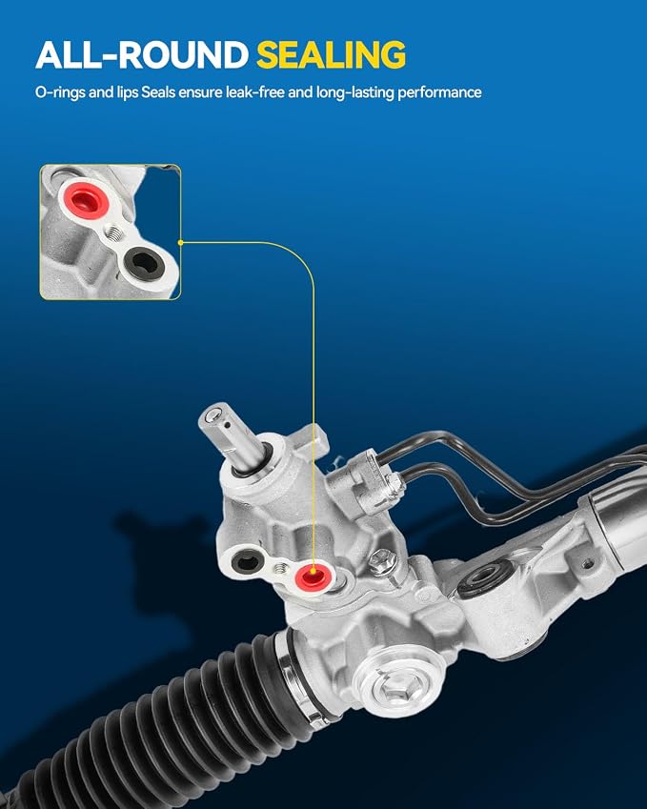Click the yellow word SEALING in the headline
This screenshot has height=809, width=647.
pyautogui.click(x=331, y=54)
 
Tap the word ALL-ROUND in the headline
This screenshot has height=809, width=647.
pyautogui.click(x=142, y=54)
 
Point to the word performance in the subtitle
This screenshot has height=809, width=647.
pyautogui.click(x=439, y=92)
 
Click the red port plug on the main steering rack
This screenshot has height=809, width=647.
pyautogui.click(x=312, y=576)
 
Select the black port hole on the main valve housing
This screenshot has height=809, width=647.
pyautogui.click(x=247, y=561)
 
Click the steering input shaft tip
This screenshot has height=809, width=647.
pyautogui.click(x=213, y=415)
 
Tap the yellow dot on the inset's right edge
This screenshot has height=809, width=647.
pyautogui.click(x=180, y=242)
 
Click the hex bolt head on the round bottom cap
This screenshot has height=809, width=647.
pyautogui.click(x=394, y=686)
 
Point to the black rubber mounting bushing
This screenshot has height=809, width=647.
pyautogui.click(x=486, y=577)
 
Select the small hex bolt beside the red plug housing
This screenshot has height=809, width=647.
pyautogui.click(x=382, y=557)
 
